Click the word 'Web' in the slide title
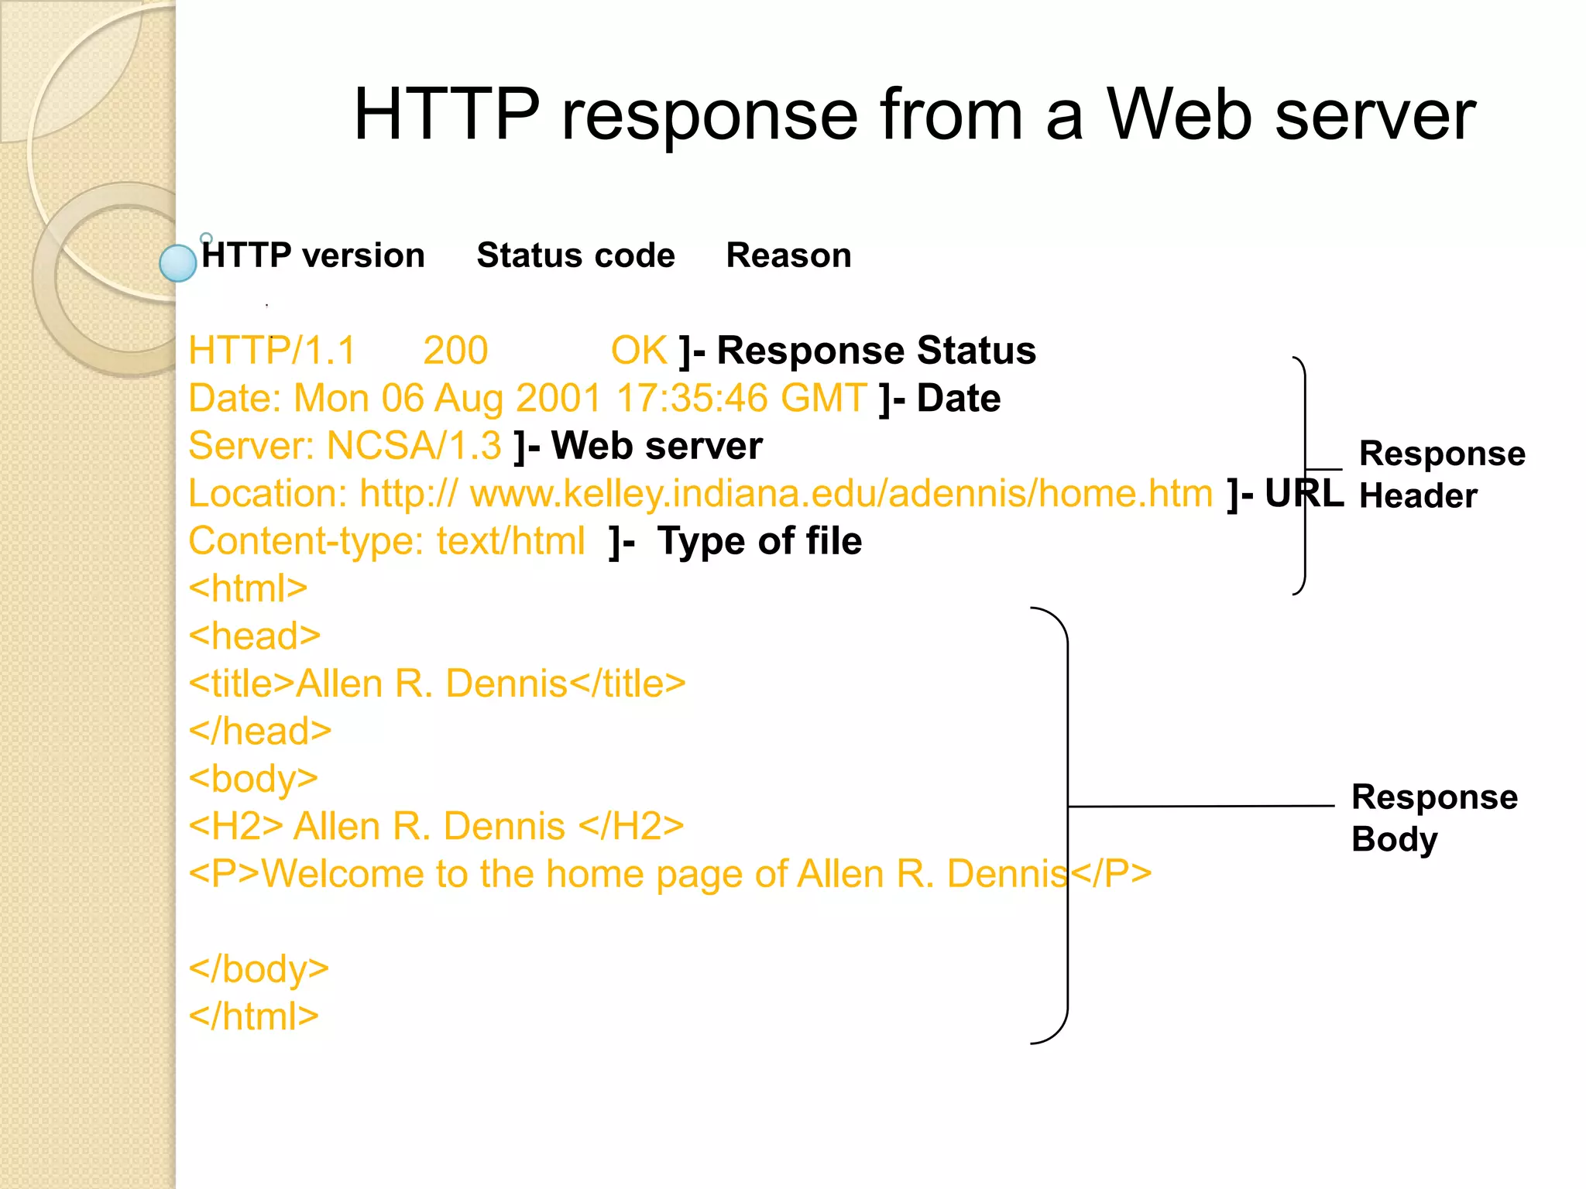pyautogui.click(x=1179, y=115)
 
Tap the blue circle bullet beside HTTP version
pyautogui.click(x=177, y=263)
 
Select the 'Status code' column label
pyautogui.click(x=575, y=255)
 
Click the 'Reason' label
pyautogui.click(x=788, y=255)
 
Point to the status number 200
pyautogui.click(x=455, y=351)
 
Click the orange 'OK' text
pyautogui.click(x=639, y=351)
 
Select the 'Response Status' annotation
pyautogui.click(x=876, y=351)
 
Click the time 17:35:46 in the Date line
pyautogui.click(x=691, y=399)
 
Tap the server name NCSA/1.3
pyautogui.click(x=414, y=446)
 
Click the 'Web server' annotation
pyautogui.click(x=656, y=446)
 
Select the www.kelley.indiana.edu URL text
pyautogui.click(x=841, y=494)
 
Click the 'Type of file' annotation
pyautogui.click(x=759, y=541)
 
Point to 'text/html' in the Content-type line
pyautogui.click(x=510, y=541)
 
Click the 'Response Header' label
pyautogui.click(x=1440, y=475)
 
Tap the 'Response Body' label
pyautogui.click(x=1433, y=817)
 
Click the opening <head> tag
pyautogui.click(x=255, y=636)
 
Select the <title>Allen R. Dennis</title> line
pyautogui.click(x=438, y=684)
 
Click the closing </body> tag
pyautogui.click(x=259, y=969)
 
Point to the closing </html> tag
pyautogui.click(x=254, y=1016)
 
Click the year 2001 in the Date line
pyautogui.click(x=558, y=399)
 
